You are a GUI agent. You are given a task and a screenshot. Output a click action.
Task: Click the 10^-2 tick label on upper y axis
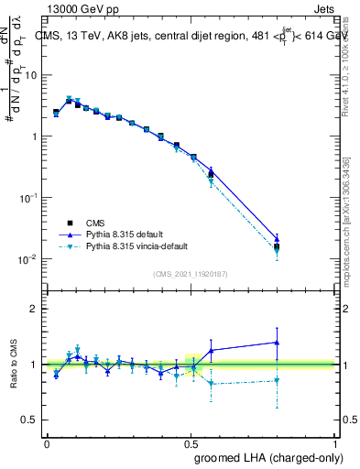pos(27,259)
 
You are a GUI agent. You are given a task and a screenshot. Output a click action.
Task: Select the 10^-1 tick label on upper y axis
pos(27,198)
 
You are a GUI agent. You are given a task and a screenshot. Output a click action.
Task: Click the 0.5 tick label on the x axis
pos(191,443)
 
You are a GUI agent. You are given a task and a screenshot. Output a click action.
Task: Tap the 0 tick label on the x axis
pos(47,443)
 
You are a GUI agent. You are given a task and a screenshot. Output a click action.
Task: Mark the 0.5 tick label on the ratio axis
pos(29,420)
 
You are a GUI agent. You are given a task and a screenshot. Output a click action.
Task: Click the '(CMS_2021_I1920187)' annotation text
pos(191,273)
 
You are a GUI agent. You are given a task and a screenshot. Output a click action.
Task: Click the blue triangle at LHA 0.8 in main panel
pos(277,238)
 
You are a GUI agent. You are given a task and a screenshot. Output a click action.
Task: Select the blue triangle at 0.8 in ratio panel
pos(277,343)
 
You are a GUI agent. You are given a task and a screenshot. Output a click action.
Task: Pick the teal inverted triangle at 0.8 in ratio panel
pos(277,380)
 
